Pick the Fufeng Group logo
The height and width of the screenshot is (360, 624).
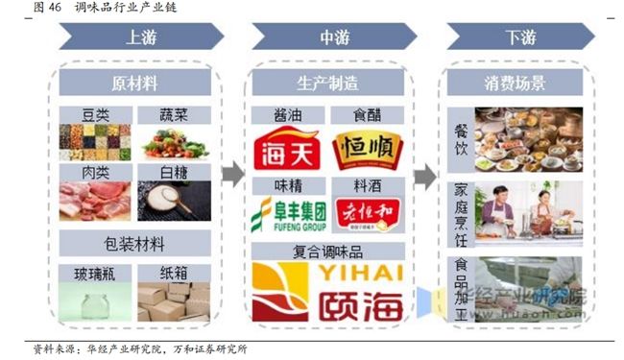[287, 215]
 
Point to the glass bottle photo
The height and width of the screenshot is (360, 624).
[94, 302]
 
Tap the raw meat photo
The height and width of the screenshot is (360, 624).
[94, 202]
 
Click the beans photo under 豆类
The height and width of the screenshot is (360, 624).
[94, 143]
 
